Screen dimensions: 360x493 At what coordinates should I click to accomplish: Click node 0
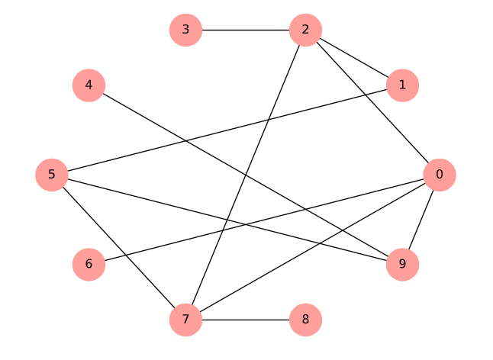[439, 175]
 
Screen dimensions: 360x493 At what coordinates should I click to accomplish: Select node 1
[401, 84]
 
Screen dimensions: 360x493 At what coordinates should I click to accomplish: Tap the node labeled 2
[305, 31]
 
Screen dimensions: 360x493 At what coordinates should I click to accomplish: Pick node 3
[185, 31]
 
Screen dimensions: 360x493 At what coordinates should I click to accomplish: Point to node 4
[89, 84]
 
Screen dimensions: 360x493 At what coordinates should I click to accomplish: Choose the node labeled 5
[51, 175]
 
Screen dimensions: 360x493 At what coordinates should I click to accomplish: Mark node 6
[89, 265]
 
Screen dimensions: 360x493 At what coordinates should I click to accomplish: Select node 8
[305, 319]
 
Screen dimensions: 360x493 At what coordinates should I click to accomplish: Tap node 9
[401, 265]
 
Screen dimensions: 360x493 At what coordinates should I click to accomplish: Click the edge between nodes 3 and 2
[245, 31]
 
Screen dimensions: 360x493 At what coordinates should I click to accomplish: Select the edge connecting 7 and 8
[245, 319]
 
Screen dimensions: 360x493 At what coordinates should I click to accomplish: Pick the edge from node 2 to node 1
[353, 57]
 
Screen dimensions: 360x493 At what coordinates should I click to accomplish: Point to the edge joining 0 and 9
[420, 220]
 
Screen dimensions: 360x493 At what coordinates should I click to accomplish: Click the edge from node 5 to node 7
[118, 246]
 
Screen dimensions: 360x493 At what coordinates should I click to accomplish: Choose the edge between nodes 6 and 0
[263, 220]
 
